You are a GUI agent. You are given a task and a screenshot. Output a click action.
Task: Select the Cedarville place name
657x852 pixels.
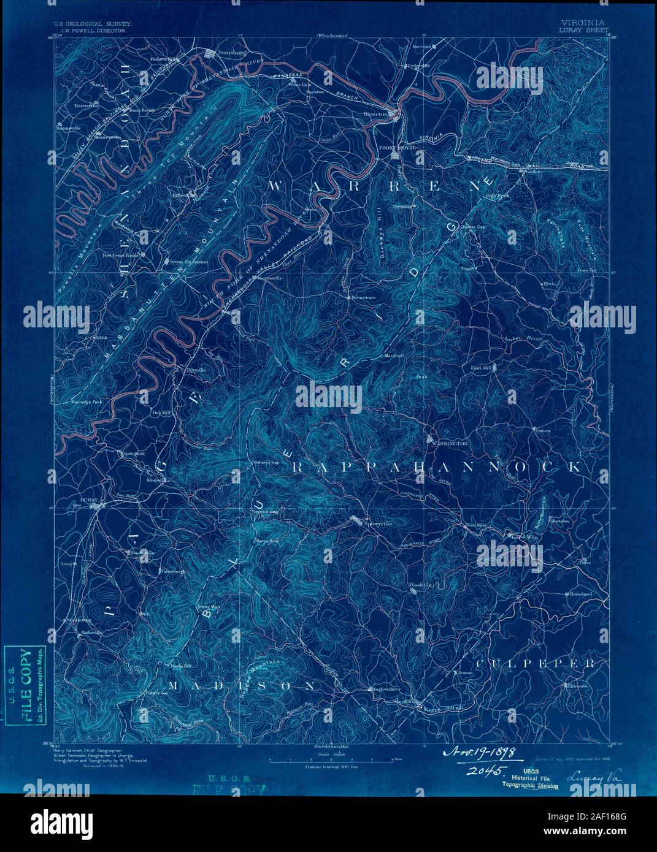coord(417,66)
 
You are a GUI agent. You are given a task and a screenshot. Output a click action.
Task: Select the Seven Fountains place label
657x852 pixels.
coord(189,262)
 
